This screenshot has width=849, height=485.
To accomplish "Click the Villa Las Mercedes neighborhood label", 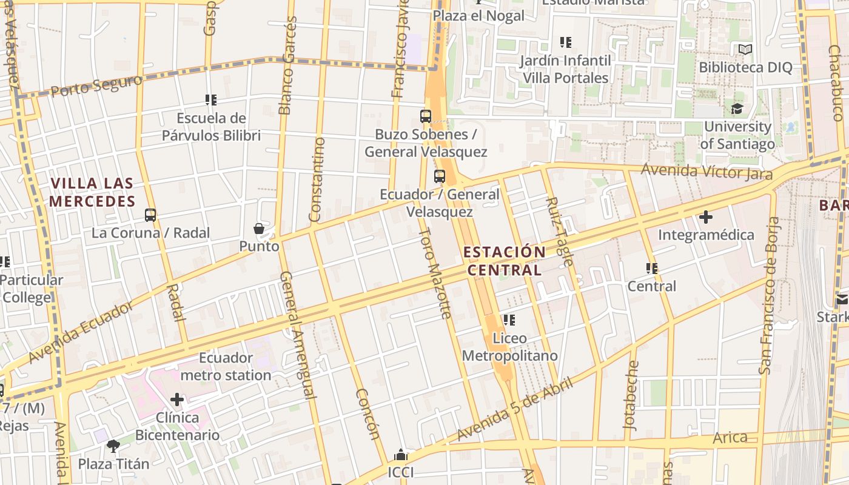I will click(92, 192).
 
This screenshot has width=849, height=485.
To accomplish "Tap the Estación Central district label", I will click(504, 261).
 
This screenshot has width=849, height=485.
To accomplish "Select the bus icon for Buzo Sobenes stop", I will click(426, 116).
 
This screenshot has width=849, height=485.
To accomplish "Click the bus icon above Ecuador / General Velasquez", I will click(440, 176).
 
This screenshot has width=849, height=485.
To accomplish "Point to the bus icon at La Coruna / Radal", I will click(150, 215).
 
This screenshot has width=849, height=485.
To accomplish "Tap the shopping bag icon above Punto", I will click(259, 229).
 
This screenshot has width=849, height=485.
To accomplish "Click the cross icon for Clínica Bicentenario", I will click(177, 400).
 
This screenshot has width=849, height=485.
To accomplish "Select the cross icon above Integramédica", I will click(706, 216).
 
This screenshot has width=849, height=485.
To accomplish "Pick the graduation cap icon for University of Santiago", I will click(737, 109).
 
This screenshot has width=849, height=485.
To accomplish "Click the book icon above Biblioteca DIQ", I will click(745, 50).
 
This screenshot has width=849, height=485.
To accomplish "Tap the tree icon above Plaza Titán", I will click(113, 446).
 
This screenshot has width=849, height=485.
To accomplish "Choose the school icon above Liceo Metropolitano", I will click(509, 319).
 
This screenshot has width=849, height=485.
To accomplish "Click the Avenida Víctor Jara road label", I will click(706, 172).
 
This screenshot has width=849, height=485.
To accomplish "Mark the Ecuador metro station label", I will click(226, 366).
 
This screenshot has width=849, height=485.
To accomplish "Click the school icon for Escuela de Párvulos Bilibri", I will click(211, 99).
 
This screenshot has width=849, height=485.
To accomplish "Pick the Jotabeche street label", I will click(632, 395).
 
